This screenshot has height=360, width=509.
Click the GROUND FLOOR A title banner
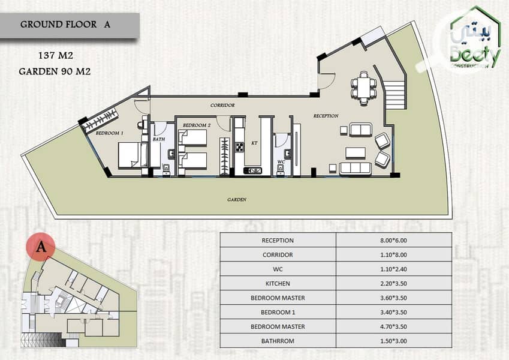[x=70, y=25]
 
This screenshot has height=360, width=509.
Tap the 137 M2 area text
[x=56, y=56]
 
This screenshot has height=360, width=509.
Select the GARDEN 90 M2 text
[x=55, y=71]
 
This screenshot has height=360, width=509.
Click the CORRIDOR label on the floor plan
[x=222, y=105]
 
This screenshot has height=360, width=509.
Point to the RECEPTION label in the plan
[x=326, y=116]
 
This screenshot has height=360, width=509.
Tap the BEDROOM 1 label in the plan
[x=109, y=133]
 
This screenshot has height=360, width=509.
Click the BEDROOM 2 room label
[x=197, y=125]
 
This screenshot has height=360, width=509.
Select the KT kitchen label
[x=254, y=143]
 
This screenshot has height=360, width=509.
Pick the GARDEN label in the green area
[x=237, y=199]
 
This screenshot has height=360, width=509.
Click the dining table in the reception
[x=364, y=88]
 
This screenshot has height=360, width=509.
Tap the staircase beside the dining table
[x=394, y=95]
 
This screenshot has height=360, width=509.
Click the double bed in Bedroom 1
[x=132, y=155]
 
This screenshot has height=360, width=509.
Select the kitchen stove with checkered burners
[x=240, y=148]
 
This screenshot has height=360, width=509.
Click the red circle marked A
[x=41, y=247]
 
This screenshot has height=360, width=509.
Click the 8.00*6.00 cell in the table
[x=394, y=241]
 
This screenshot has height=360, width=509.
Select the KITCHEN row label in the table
[x=278, y=284]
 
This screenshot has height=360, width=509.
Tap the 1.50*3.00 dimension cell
[x=394, y=341]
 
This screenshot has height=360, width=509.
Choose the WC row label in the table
[x=278, y=269]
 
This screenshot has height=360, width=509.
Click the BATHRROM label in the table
[x=278, y=341]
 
